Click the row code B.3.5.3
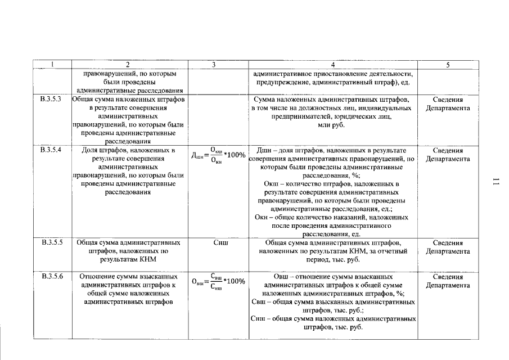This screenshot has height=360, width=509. (52, 99)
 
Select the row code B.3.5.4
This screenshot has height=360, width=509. (52, 150)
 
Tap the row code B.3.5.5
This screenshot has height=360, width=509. (52, 242)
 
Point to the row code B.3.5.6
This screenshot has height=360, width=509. (52, 277)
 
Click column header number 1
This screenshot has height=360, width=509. (52, 65)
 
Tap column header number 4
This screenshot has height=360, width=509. (333, 65)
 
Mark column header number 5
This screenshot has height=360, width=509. (448, 65)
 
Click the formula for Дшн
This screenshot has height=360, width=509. (219, 155)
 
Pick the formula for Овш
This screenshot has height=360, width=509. (219, 281)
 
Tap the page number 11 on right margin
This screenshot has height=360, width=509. (496, 181)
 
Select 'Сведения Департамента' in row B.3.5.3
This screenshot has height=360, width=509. (448, 103)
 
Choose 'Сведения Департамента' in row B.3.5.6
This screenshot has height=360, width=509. (448, 281)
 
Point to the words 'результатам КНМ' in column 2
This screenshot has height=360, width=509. (130, 260)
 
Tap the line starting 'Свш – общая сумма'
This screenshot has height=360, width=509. (333, 302)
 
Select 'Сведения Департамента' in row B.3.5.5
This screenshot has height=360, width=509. (448, 247)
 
